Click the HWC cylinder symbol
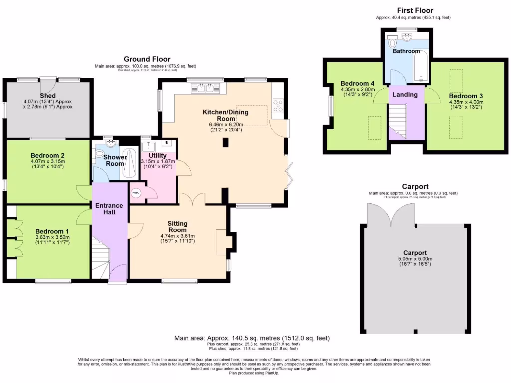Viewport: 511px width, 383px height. click(136, 193)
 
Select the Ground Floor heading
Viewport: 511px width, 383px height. click(147, 59)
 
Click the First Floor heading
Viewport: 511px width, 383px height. click(415, 10)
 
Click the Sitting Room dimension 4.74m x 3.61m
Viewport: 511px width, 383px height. click(177, 236)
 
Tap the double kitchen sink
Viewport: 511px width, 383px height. click(206, 89)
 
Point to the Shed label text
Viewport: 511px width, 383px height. click(48, 95)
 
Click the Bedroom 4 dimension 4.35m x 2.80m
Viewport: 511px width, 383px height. click(356, 90)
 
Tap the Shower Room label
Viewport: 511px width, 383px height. click(115, 160)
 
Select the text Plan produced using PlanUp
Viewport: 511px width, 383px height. click(255, 373)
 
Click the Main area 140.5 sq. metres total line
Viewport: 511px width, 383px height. click(252, 338)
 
